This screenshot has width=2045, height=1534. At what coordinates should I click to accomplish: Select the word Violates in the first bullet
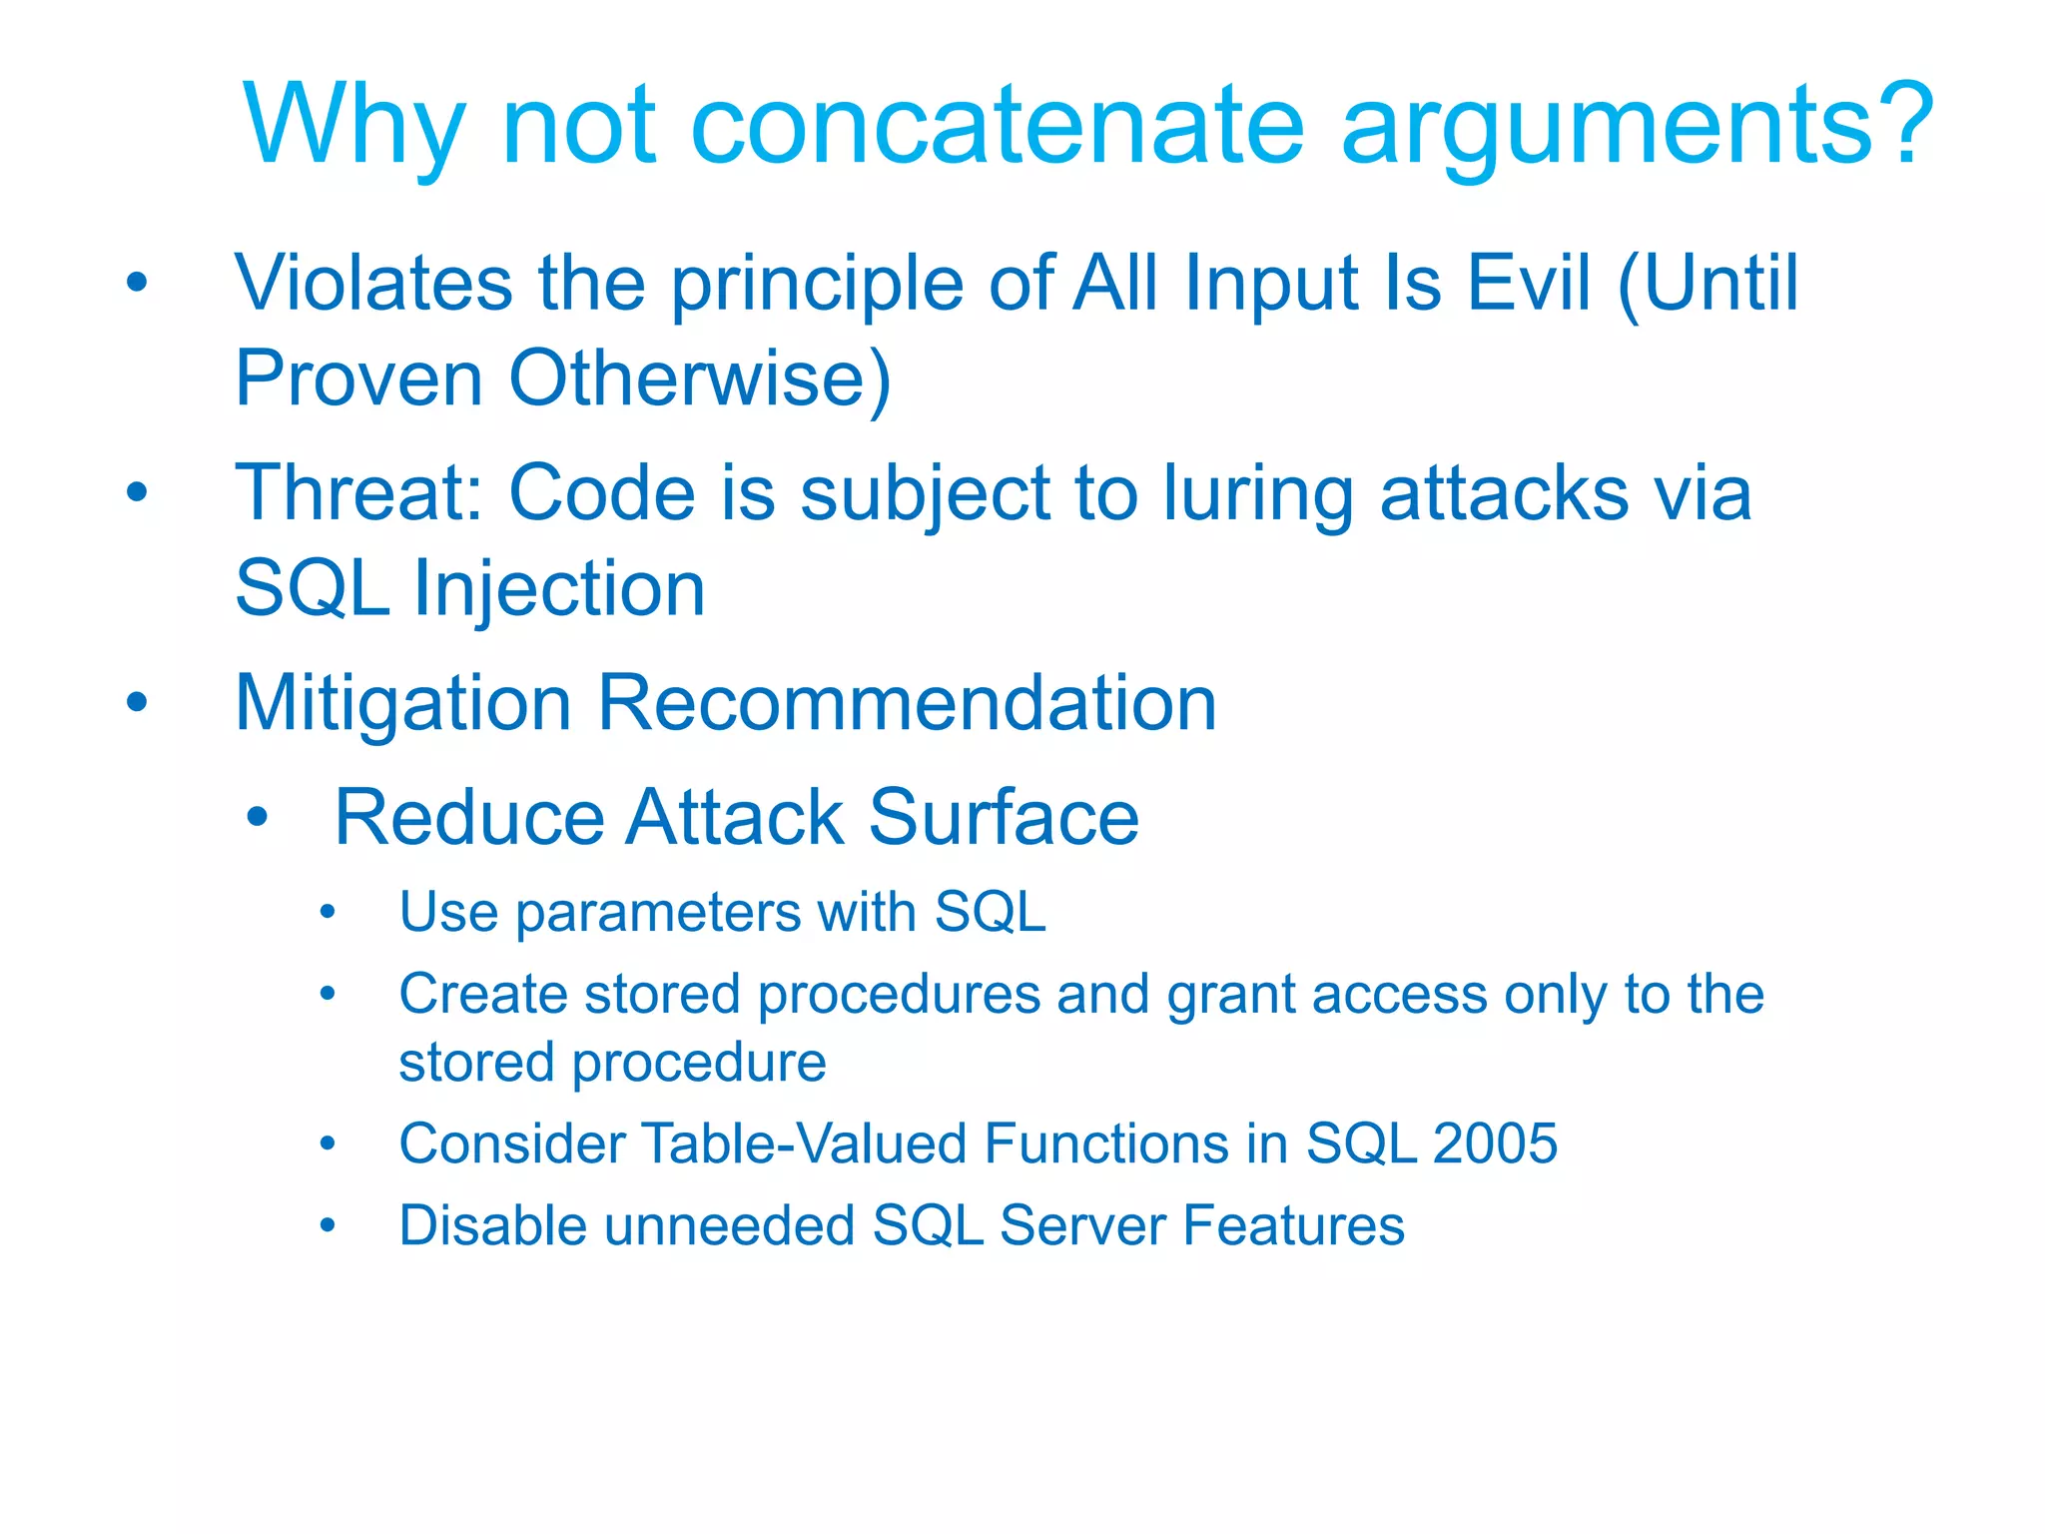click(x=373, y=284)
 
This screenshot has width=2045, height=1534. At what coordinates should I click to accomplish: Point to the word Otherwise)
click(x=699, y=380)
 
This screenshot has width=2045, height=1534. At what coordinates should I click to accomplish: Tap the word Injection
click(x=559, y=589)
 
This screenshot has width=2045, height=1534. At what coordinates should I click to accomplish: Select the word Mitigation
click(x=402, y=704)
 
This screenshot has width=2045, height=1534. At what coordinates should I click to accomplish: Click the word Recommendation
click(x=906, y=704)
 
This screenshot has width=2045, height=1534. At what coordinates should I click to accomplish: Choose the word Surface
click(x=1003, y=818)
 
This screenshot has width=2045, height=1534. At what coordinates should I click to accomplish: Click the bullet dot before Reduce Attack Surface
click(x=258, y=818)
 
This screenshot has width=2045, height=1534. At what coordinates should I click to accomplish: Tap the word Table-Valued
click(x=803, y=1144)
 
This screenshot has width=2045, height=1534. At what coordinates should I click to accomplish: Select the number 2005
click(x=1494, y=1144)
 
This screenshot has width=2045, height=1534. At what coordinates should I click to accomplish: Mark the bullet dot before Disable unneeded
click(x=327, y=1225)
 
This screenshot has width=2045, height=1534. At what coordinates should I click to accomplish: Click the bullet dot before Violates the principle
click(x=138, y=283)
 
